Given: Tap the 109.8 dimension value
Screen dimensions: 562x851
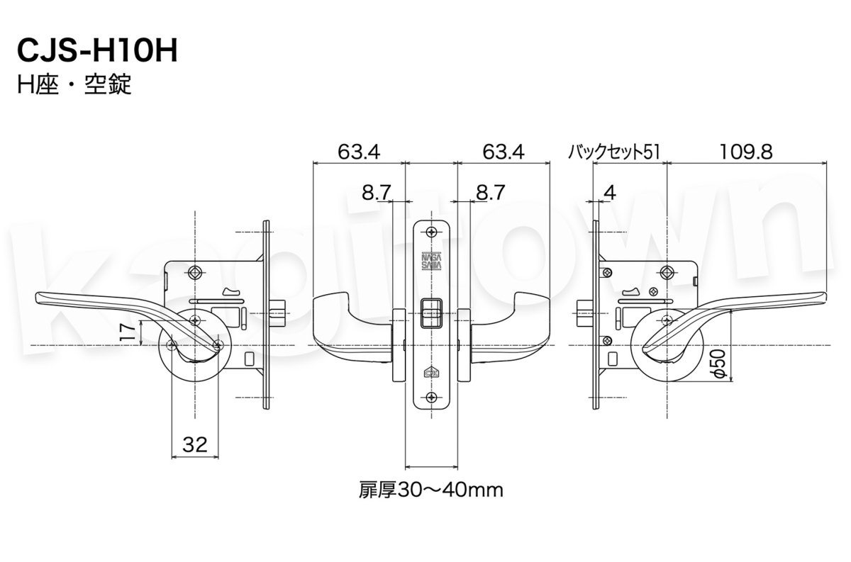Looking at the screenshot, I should coord(746,151).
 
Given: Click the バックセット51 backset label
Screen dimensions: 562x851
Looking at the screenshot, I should coord(614,152).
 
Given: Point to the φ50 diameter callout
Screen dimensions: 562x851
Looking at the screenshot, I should coord(718,362).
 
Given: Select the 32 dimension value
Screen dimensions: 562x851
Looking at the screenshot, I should coord(194,444).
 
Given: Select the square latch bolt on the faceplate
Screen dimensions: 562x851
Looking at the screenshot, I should coord(431,313).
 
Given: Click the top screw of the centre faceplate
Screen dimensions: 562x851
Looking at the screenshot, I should coord(431,232).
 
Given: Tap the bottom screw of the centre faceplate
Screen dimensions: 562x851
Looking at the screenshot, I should coord(431,397).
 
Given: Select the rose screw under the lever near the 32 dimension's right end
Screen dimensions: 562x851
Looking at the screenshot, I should coord(218,345).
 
